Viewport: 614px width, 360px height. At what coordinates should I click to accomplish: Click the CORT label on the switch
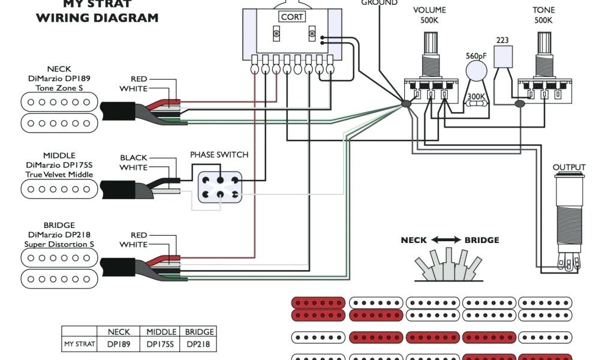click(292, 17)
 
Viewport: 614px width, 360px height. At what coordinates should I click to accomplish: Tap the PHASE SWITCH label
click(219, 155)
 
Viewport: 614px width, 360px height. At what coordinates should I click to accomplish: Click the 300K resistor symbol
click(477, 104)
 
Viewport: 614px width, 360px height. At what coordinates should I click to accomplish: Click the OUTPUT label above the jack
click(569, 167)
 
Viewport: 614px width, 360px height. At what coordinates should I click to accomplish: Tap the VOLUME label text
click(429, 10)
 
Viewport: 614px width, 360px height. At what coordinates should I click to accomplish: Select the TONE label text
click(543, 10)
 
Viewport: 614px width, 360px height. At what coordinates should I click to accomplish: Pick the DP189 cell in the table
click(119, 345)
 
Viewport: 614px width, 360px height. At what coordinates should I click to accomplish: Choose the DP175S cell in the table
click(161, 345)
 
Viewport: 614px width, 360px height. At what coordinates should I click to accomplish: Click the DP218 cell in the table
click(199, 345)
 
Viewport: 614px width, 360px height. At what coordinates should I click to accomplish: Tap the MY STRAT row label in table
click(79, 345)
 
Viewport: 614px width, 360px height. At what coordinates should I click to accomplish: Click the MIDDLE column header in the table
click(161, 332)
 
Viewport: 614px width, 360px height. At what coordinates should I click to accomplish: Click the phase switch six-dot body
click(219, 187)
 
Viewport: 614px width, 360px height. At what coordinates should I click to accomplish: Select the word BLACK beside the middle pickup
click(133, 158)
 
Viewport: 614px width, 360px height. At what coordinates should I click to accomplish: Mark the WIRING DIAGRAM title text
click(97, 18)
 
